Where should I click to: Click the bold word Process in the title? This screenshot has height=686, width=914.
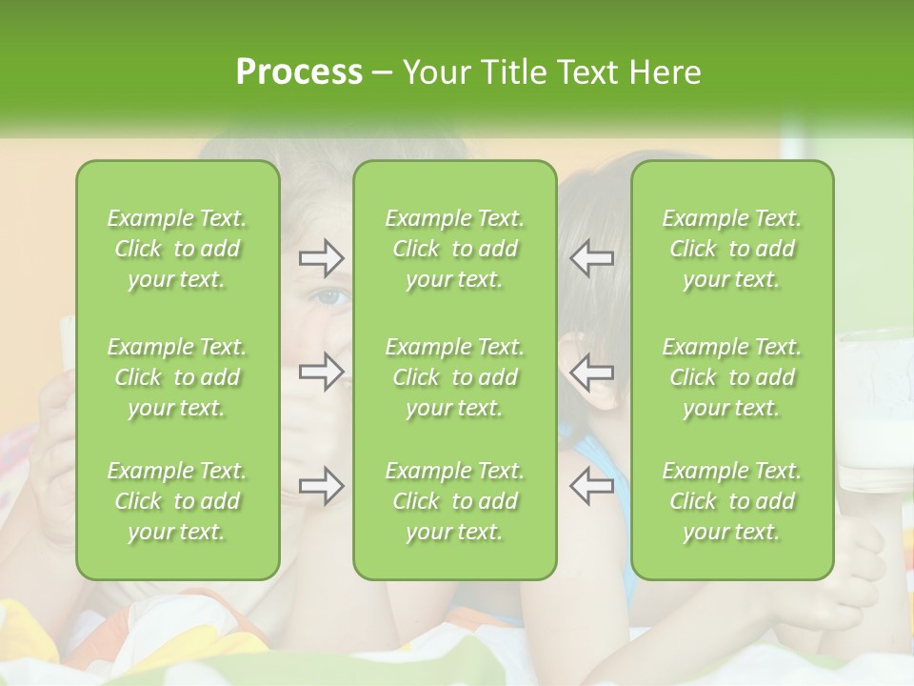pyautogui.click(x=299, y=72)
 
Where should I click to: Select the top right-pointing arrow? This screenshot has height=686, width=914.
pyautogui.click(x=322, y=257)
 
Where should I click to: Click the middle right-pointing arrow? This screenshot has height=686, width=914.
pyautogui.click(x=322, y=372)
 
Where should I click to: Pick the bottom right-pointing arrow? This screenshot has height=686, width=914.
pyautogui.click(x=322, y=486)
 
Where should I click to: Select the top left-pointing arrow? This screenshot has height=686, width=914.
pyautogui.click(x=591, y=257)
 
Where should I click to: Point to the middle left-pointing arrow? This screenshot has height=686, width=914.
pyautogui.click(x=591, y=372)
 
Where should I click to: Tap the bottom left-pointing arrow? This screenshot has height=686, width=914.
pyautogui.click(x=591, y=486)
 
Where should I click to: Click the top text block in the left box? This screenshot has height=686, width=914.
pyautogui.click(x=177, y=249)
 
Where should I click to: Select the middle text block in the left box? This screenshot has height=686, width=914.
pyautogui.click(x=177, y=377)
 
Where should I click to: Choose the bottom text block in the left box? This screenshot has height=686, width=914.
pyautogui.click(x=177, y=501)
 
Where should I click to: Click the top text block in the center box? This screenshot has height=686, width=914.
pyautogui.click(x=455, y=249)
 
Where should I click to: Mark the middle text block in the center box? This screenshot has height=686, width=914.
pyautogui.click(x=455, y=377)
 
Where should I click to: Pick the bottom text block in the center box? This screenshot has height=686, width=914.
pyautogui.click(x=455, y=501)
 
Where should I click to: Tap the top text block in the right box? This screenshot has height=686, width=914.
pyautogui.click(x=732, y=249)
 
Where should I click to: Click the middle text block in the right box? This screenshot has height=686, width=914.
pyautogui.click(x=732, y=377)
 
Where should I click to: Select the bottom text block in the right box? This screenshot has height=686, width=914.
pyautogui.click(x=732, y=501)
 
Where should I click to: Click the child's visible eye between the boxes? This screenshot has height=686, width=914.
pyautogui.click(x=331, y=297)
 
